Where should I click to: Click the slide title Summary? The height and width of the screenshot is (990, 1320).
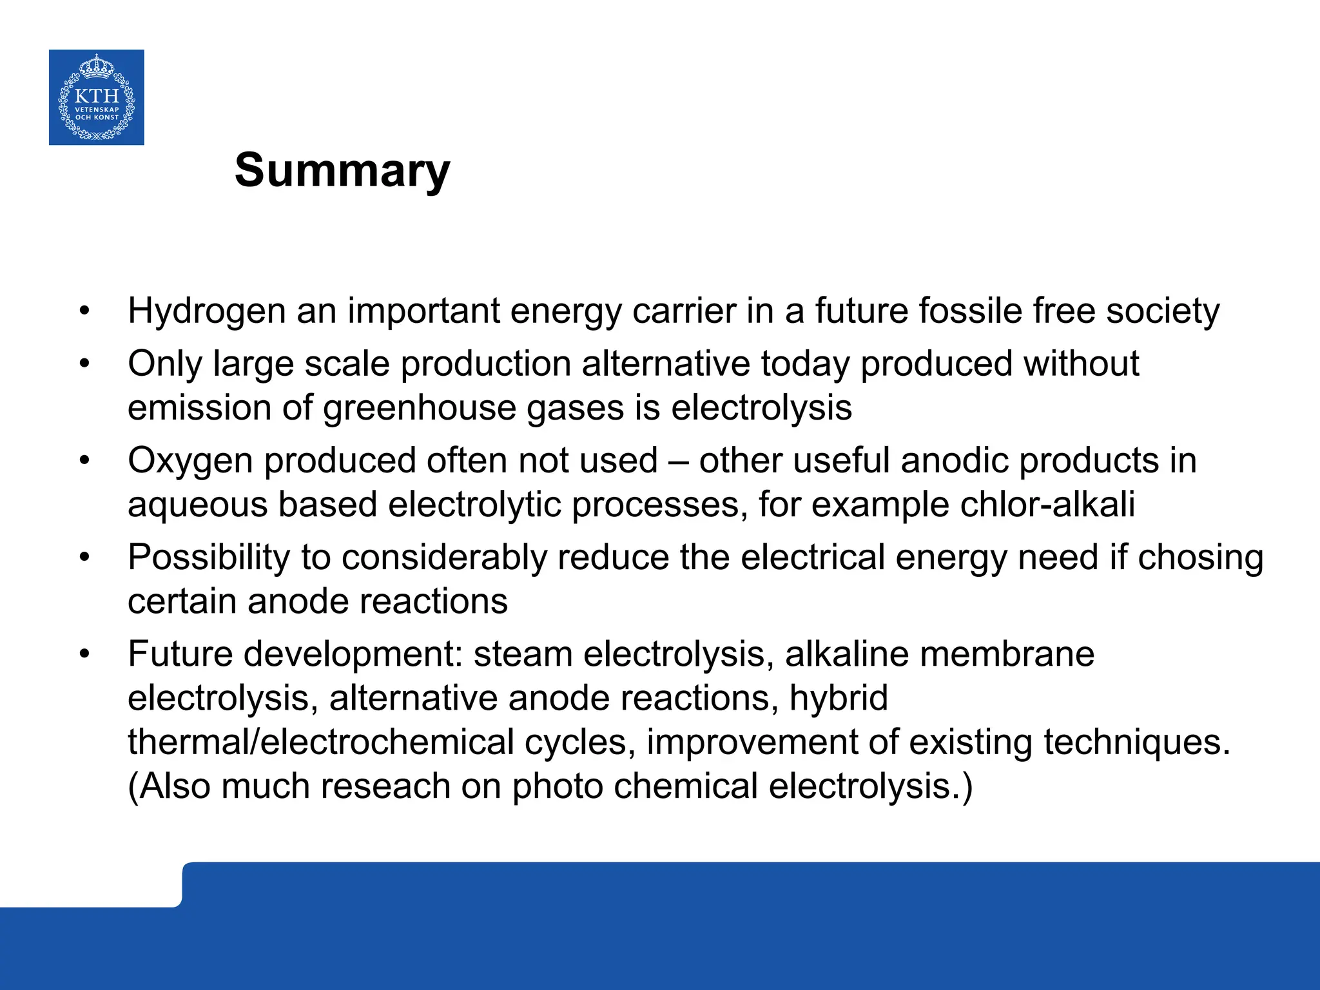tap(342, 171)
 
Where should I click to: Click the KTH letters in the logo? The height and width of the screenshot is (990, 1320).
tap(97, 97)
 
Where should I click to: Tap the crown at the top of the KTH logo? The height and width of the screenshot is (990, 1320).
tap(96, 66)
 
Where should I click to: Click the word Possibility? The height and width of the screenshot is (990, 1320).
tap(209, 558)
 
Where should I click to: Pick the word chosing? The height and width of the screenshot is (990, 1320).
tap(1200, 558)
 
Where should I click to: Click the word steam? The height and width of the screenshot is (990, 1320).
tap(523, 654)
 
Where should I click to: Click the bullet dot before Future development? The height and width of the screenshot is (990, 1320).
tap(84, 655)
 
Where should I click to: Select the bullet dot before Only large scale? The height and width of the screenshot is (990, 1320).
tap(84, 365)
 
